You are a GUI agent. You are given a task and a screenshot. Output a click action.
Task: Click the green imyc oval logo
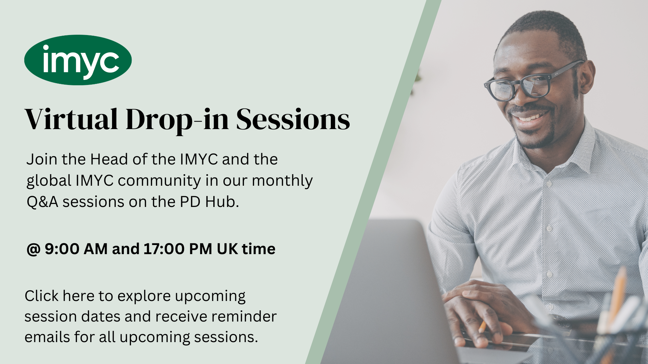pyautogui.click(x=78, y=60)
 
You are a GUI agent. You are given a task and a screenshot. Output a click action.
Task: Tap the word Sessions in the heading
pyautogui.click(x=293, y=119)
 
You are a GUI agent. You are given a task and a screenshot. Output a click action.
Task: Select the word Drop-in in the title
pyautogui.click(x=177, y=120)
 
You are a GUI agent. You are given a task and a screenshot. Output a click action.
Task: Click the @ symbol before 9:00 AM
pyautogui.click(x=33, y=249)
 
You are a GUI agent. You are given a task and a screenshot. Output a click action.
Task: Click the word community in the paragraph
pyautogui.click(x=159, y=181)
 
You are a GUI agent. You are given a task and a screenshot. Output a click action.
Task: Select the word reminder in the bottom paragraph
pyautogui.click(x=244, y=317)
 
